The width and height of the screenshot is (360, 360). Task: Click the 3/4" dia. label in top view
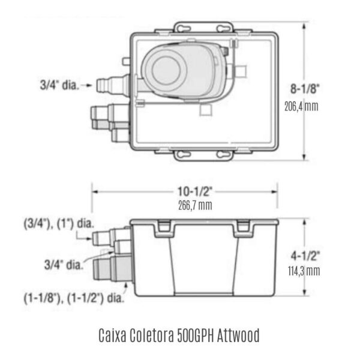(x=59, y=85)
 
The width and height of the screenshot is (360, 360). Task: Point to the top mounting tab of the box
(x=203, y=28)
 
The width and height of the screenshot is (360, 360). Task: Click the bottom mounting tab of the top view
(x=203, y=155)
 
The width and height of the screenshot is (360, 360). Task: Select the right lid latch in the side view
(x=244, y=227)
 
